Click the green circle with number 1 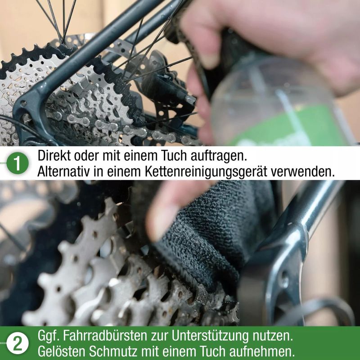tap(18, 163)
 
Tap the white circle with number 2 tap(18, 343)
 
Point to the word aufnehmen tap(262, 351)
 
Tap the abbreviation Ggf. tap(48, 336)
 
